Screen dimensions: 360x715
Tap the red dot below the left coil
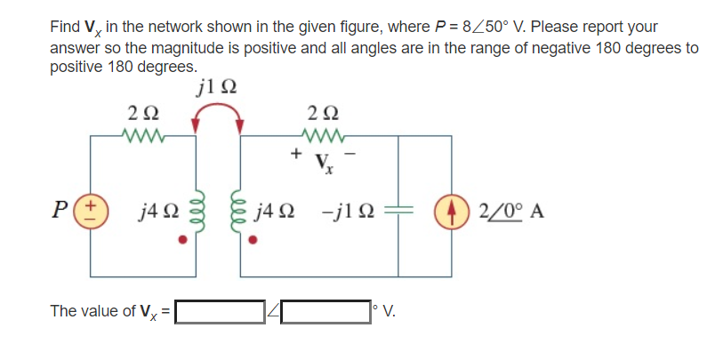click(x=183, y=238)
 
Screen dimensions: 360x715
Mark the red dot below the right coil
click(x=254, y=238)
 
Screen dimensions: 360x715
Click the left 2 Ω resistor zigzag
click(x=143, y=136)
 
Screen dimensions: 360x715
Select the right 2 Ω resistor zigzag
click(x=321, y=136)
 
